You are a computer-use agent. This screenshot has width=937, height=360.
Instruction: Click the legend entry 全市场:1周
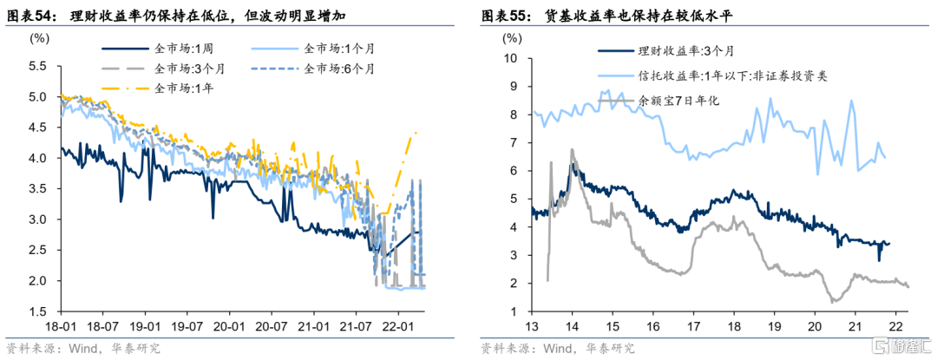point(183,49)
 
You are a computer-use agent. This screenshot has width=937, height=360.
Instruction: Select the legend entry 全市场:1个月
point(337,49)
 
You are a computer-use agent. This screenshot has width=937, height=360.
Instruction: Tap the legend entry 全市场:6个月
point(341,68)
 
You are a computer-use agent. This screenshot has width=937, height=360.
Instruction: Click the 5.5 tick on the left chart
point(37,66)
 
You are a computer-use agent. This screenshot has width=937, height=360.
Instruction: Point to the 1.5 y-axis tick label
point(37,311)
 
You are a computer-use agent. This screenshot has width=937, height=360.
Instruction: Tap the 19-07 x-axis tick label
point(186,328)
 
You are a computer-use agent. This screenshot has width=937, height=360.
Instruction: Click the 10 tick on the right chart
point(511,59)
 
